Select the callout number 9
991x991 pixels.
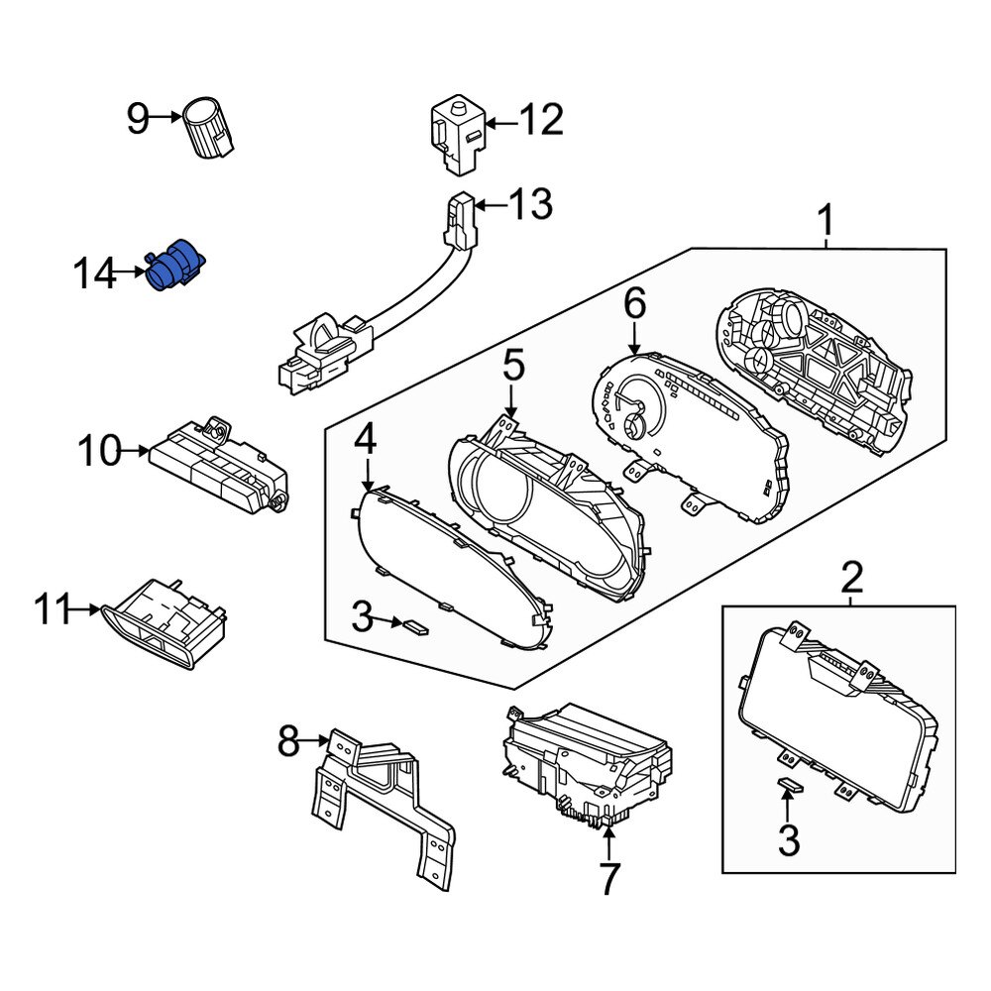(139, 121)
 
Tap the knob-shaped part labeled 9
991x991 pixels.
(210, 127)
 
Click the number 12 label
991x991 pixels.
(540, 121)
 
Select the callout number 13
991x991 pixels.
(529, 206)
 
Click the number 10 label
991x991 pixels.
(99, 452)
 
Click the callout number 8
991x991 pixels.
(288, 740)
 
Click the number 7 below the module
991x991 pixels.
(607, 878)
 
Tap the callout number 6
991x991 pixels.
(634, 303)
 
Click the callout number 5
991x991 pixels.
(512, 367)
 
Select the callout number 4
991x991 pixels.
(366, 439)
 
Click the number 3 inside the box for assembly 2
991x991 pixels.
(788, 840)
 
